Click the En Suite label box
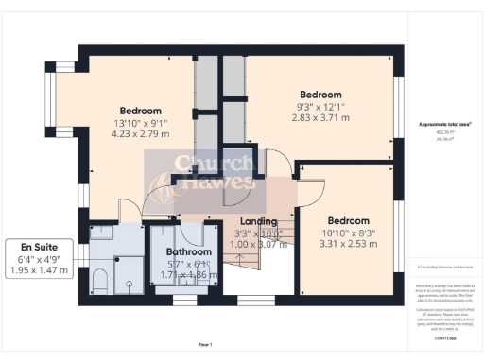(x=39, y=258)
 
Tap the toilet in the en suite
(x=101, y=280)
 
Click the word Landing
(x=258, y=221)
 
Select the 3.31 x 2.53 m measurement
(x=349, y=244)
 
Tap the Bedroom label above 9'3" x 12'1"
(x=320, y=95)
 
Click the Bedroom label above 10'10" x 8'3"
(x=349, y=218)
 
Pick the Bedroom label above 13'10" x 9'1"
(x=141, y=111)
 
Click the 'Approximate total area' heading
(x=438, y=124)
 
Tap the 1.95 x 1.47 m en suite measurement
(x=39, y=270)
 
